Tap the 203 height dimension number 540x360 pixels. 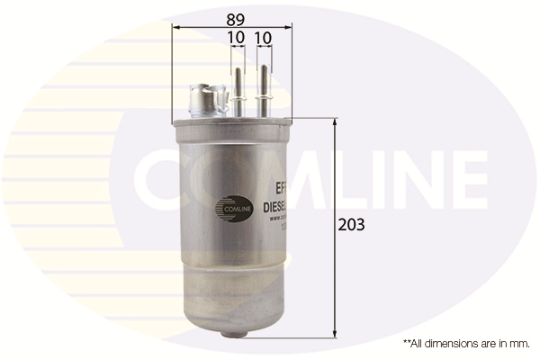point(352,224)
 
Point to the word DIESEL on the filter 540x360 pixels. point(274,206)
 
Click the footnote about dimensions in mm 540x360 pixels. point(467,344)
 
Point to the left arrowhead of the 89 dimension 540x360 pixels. point(175,27)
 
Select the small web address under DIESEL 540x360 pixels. point(275,219)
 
